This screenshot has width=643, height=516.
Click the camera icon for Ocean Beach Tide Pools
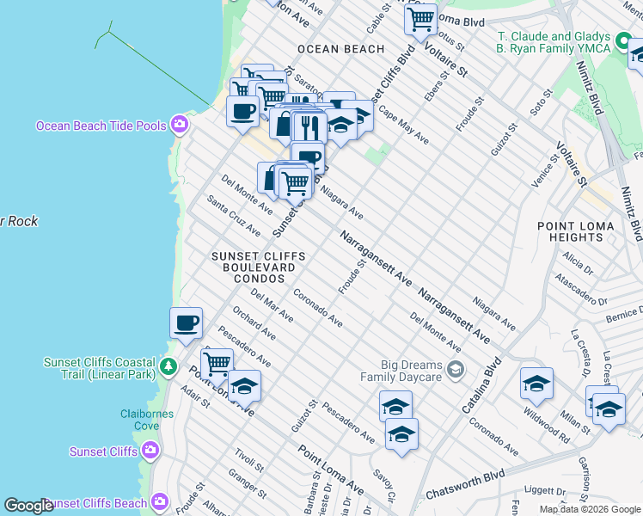pyautogui.click(x=179, y=126)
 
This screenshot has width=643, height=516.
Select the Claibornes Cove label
pyautogui.click(x=147, y=420)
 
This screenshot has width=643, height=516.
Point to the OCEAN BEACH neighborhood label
pyautogui.click(x=340, y=49)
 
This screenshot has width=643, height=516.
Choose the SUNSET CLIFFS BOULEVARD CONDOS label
pyautogui.click(x=253, y=267)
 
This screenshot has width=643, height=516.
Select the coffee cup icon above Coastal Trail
pyautogui.click(x=186, y=323)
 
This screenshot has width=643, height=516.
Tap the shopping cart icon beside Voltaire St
pyautogui.click(x=419, y=18)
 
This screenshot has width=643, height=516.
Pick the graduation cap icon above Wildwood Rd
pyautogui.click(x=536, y=383)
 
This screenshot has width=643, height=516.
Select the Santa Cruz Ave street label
pyautogui.click(x=233, y=215)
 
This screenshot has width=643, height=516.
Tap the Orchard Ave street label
pyautogui.click(x=254, y=326)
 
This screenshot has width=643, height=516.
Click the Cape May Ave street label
pyautogui.click(x=403, y=126)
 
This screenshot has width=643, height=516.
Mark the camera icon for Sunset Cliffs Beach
pyautogui.click(x=159, y=502)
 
